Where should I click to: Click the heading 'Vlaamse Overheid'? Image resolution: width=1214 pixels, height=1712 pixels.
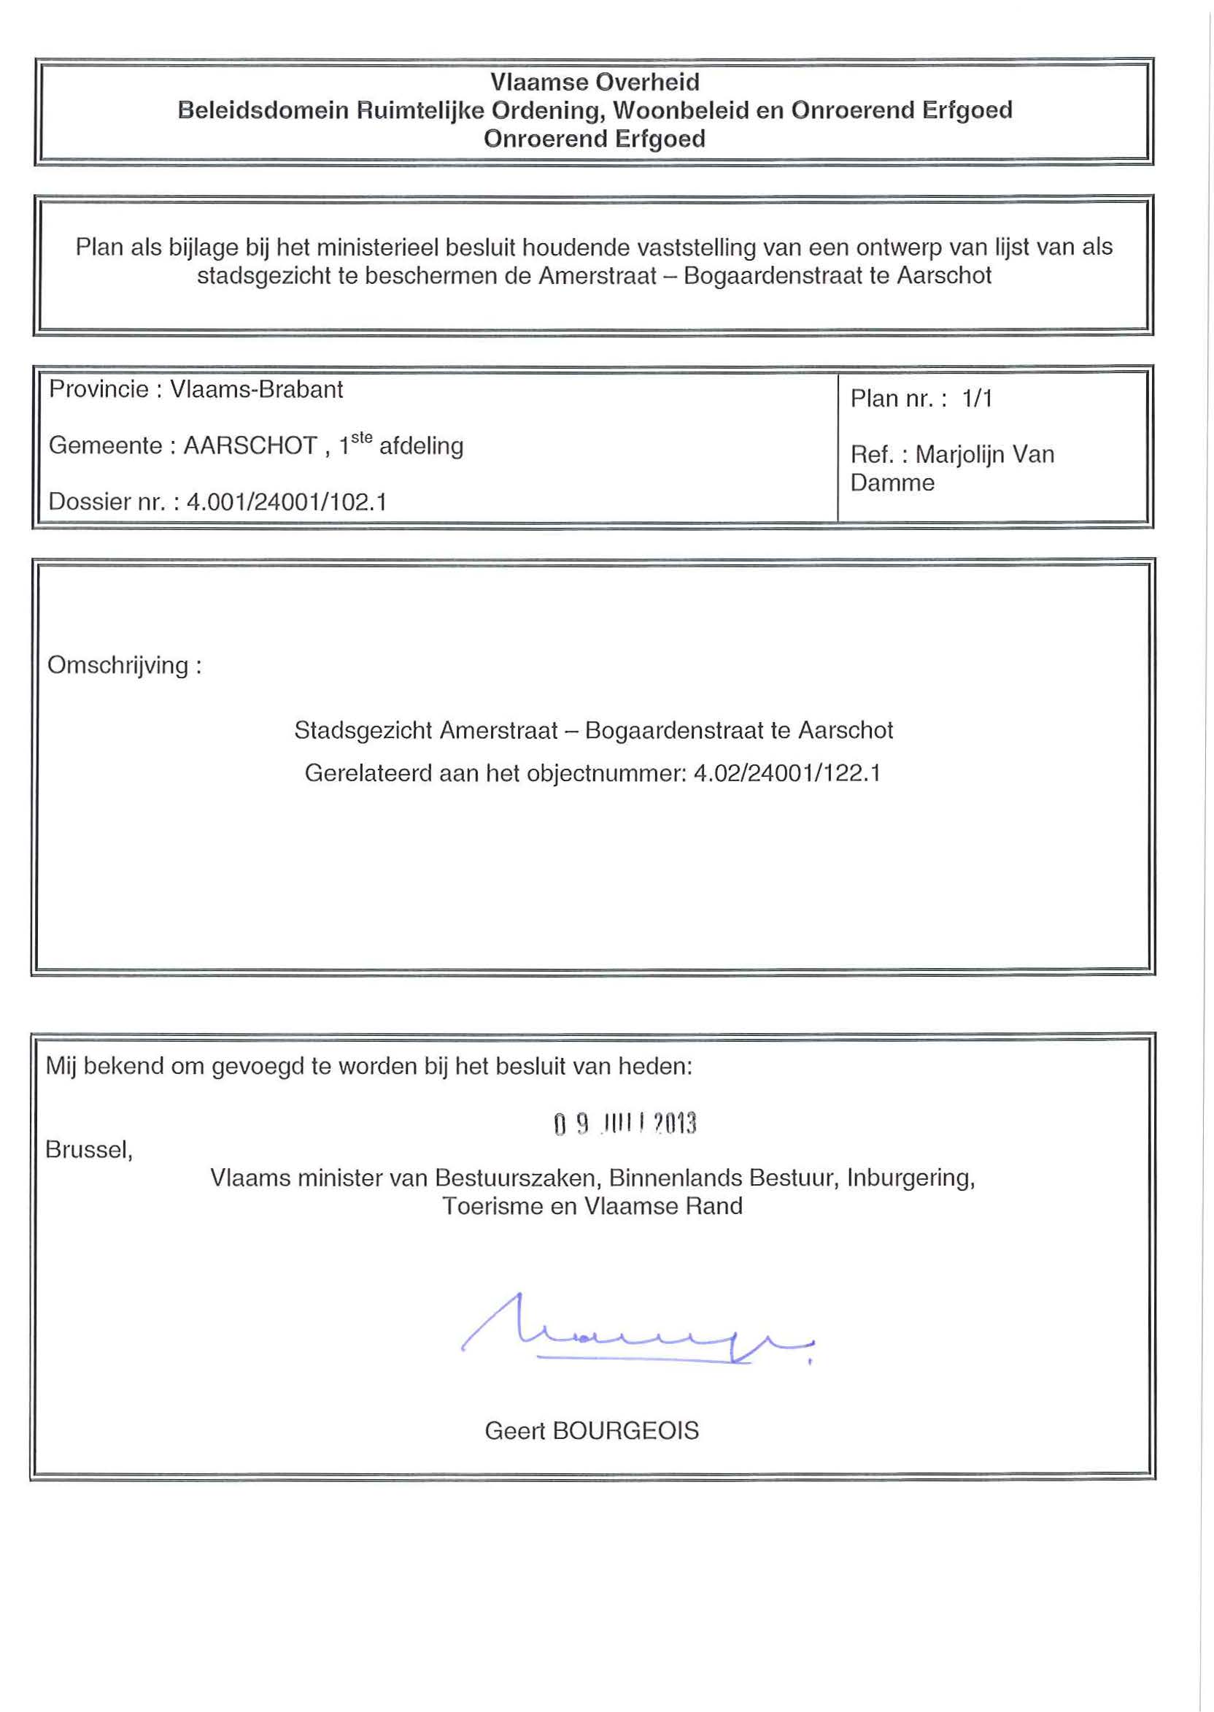595,82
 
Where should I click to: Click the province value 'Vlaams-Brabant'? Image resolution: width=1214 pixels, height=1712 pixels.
256,390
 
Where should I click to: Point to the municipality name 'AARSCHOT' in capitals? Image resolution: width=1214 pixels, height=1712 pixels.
250,446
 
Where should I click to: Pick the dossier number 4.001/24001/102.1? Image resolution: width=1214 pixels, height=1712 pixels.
286,501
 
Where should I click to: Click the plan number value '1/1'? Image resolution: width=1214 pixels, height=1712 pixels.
977,399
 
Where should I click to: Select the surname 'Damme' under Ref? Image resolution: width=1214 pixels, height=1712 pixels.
892,483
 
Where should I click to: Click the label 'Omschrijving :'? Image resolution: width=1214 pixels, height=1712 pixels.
124,665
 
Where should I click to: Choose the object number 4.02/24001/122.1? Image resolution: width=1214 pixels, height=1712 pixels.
787,772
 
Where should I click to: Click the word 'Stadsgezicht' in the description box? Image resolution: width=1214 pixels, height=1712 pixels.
363,730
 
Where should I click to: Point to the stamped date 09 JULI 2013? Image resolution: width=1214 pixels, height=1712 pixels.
625,1124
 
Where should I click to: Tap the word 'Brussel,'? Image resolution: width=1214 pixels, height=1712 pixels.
89,1149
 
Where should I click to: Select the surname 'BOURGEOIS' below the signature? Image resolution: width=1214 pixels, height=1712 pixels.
625,1431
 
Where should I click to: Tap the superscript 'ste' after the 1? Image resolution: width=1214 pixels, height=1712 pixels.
362,439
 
